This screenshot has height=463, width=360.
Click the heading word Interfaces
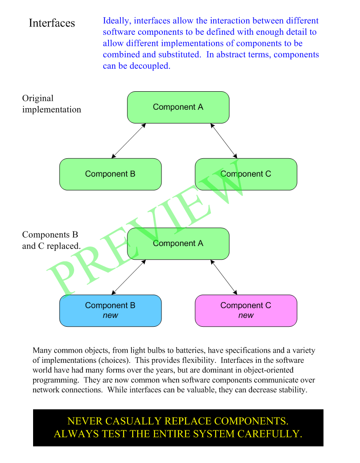click(x=52, y=23)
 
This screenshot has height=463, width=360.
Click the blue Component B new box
click(x=110, y=310)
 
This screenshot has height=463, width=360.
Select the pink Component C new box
click(x=246, y=310)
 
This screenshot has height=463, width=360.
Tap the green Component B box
click(x=110, y=174)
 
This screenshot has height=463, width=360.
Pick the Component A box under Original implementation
click(x=178, y=107)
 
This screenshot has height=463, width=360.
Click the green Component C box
click(x=246, y=174)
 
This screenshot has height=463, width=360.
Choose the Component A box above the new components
click(x=178, y=243)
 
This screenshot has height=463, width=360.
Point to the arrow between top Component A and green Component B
click(x=128, y=141)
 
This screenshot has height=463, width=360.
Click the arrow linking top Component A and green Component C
click(x=224, y=141)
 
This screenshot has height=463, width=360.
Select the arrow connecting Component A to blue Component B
click(x=128, y=277)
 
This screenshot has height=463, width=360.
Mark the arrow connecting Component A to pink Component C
click(x=224, y=277)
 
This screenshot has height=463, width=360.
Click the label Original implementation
click(x=51, y=104)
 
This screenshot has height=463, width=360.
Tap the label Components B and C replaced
click(x=51, y=240)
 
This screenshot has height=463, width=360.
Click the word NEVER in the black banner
click(x=84, y=421)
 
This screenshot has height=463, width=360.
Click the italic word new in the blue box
click(x=110, y=315)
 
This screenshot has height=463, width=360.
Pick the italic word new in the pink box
click(x=246, y=315)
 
